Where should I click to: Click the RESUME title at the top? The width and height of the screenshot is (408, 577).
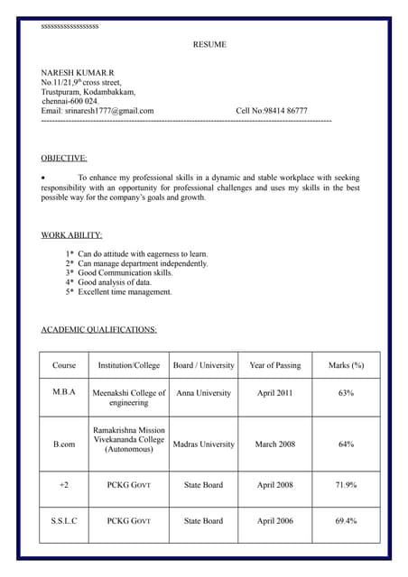[x=209, y=44]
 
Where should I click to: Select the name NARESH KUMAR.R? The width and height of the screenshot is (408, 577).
[x=78, y=71]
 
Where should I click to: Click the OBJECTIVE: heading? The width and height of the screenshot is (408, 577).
[x=64, y=158]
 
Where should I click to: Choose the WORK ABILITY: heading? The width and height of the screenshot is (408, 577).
[x=71, y=234]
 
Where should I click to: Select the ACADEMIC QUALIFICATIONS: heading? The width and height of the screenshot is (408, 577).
[x=99, y=329]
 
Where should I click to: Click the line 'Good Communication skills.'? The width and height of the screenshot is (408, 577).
[x=125, y=272]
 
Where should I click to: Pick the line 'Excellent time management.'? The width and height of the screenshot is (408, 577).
[x=125, y=292]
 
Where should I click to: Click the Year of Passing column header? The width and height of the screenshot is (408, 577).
[x=275, y=365]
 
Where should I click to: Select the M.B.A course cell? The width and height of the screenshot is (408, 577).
[x=64, y=393]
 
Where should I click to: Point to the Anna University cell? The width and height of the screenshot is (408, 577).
[x=204, y=393]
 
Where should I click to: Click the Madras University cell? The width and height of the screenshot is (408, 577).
[x=204, y=444]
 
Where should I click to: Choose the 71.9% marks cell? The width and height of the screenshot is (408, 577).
[x=346, y=485]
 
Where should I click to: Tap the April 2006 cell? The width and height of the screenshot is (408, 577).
[x=275, y=521]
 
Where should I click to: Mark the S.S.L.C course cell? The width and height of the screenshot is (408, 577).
[x=64, y=521]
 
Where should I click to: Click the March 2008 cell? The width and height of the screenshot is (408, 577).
[x=275, y=444]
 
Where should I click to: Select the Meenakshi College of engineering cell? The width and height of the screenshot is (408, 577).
[x=129, y=398]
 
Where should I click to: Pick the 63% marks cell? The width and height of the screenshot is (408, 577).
[x=346, y=393]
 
